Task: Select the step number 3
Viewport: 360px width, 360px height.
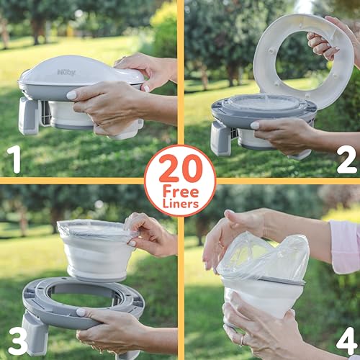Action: coord(17,341)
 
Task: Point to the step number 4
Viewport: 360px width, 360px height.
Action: coord(346,340)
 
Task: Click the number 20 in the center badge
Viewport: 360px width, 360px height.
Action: coord(180,168)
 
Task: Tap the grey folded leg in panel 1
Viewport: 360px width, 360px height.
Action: coord(29,115)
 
